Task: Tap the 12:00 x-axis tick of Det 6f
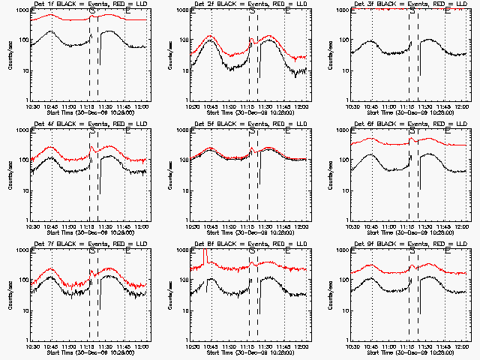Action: [461, 226]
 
